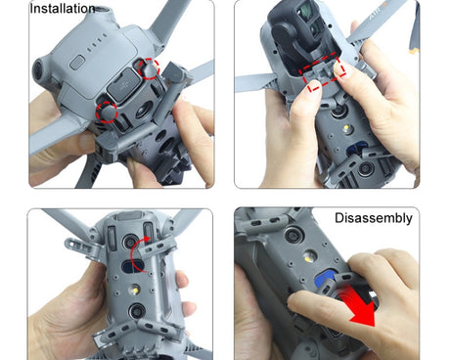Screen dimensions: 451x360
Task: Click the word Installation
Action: (x=63, y=9)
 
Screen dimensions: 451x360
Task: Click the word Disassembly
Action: (x=374, y=218)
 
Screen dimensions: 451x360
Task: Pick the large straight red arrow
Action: (x=359, y=305)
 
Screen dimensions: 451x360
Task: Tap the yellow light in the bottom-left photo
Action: (x=134, y=289)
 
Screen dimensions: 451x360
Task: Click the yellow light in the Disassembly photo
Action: (x=308, y=258)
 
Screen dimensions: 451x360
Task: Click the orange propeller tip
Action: (x=414, y=50)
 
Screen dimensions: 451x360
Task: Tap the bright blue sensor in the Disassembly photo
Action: (x=324, y=280)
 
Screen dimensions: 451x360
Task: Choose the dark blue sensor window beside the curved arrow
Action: (x=134, y=265)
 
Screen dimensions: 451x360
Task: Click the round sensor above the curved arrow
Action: (x=130, y=242)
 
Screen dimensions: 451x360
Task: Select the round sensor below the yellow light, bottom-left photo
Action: (x=137, y=311)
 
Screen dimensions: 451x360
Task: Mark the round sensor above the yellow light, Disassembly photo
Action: (x=293, y=236)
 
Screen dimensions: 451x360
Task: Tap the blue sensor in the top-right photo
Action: (x=354, y=151)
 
